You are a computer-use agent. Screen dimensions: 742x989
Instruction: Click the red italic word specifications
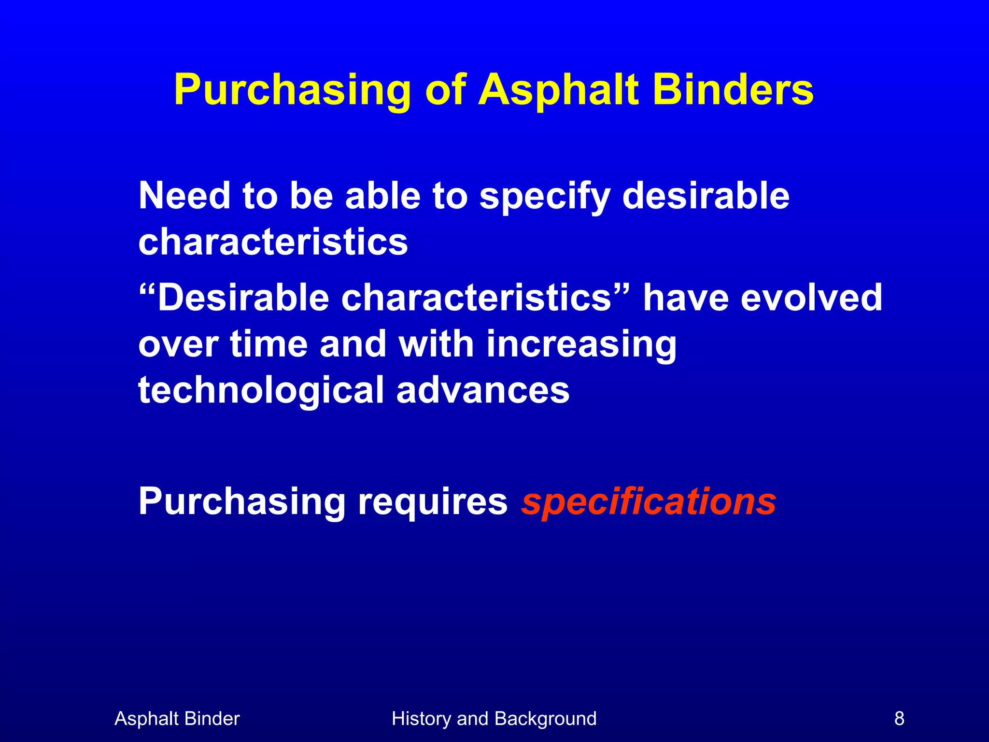(648, 502)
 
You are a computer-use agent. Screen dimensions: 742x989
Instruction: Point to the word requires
(432, 502)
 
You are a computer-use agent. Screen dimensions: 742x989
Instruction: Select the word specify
(545, 197)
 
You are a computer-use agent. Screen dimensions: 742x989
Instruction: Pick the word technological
(261, 390)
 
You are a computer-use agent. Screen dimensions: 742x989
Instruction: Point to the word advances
(483, 390)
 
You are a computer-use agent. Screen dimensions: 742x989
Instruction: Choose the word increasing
(581, 345)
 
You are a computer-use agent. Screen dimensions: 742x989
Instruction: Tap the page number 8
(899, 719)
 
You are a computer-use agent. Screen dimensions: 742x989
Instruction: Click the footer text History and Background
(494, 719)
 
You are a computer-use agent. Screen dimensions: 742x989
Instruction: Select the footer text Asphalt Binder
(177, 719)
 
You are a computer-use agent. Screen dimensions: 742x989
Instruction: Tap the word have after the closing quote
(686, 298)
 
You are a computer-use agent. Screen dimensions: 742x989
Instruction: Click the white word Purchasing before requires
(241, 502)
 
